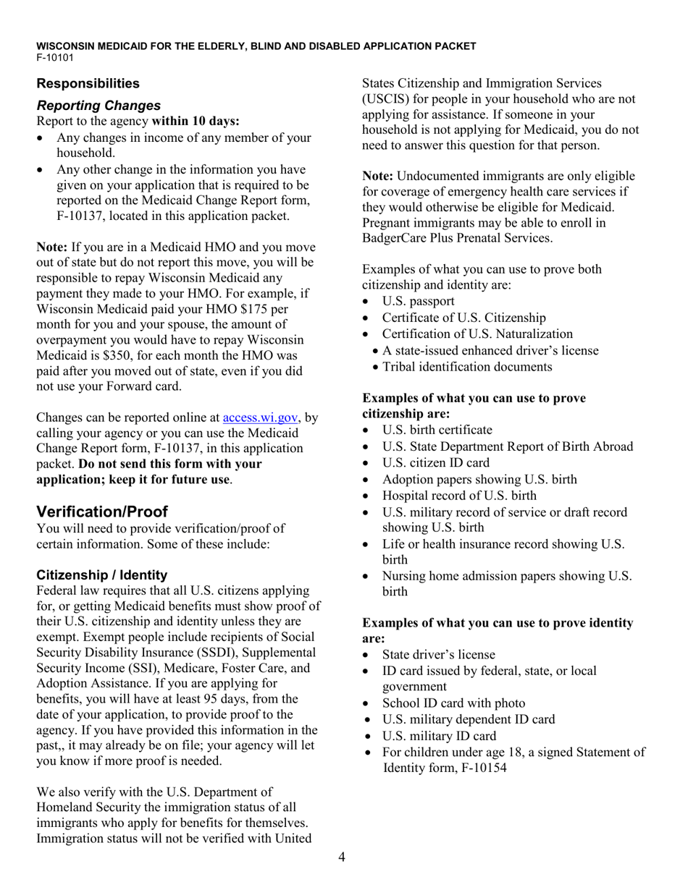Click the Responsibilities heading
pos(88,83)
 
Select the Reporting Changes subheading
pos(98,106)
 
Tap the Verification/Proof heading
pos(102,512)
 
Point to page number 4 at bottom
pos(342,857)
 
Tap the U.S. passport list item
pos(418,301)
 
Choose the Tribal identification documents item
pos(467,367)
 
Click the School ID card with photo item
pos(453,703)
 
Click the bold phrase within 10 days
pos(196,121)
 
